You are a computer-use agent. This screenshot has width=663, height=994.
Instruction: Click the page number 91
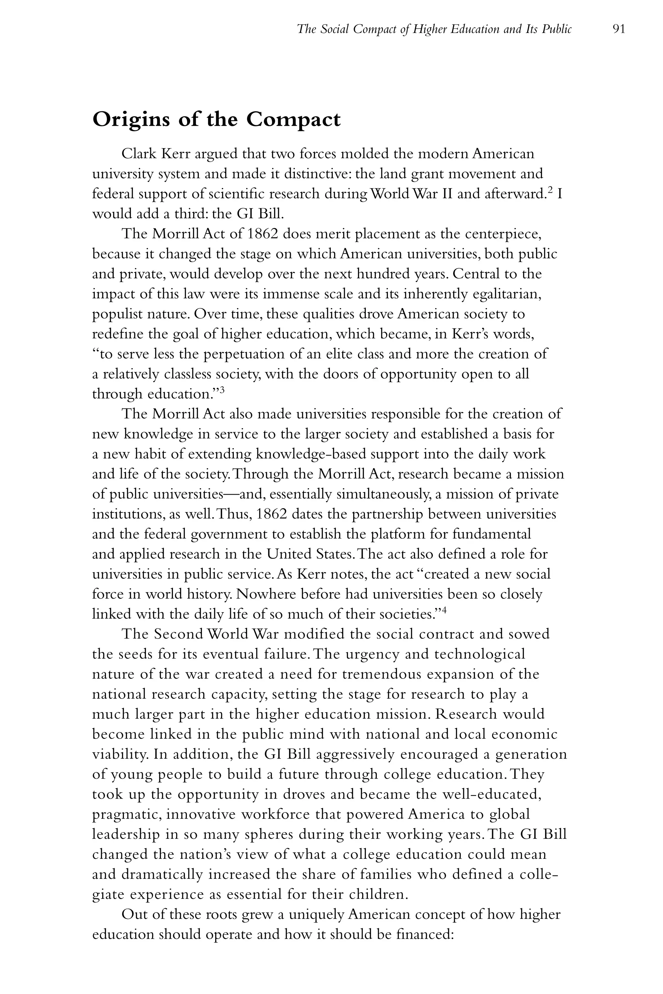click(619, 29)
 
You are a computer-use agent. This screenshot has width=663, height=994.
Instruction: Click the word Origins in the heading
click(132, 120)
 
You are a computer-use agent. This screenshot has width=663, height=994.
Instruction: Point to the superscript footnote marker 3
click(222, 390)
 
